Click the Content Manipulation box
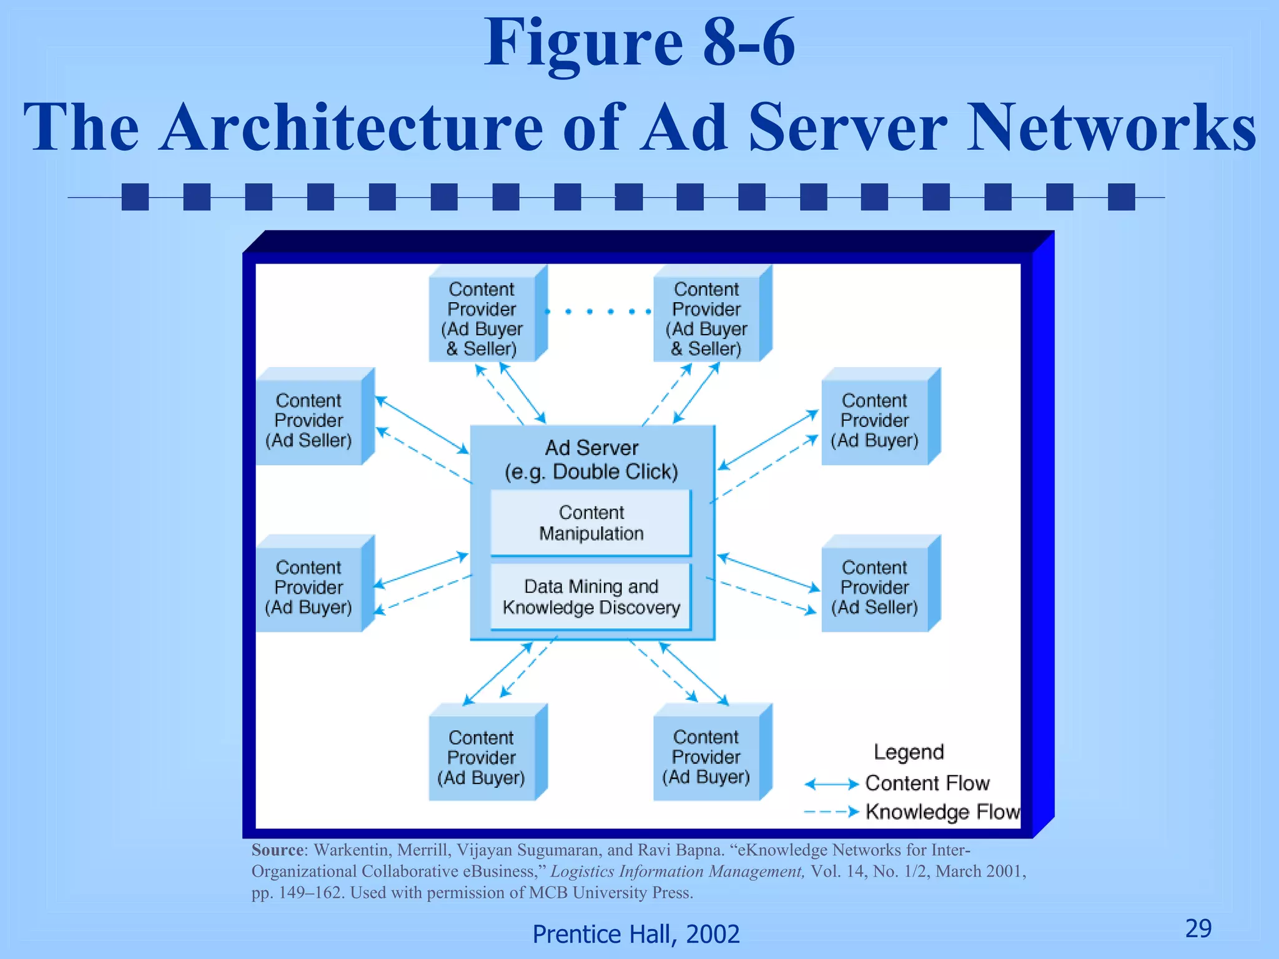pos(591,523)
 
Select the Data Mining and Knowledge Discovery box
pos(591,597)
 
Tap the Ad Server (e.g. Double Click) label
pos(591,460)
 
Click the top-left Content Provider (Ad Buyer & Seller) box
pos(482,319)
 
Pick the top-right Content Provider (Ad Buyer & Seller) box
pos(706,319)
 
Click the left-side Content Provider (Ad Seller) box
pos(309,420)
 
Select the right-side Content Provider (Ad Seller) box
pos(874,588)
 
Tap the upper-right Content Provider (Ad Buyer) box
pos(874,420)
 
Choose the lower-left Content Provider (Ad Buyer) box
pos(309,588)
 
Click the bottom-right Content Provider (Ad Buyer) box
pos(706,757)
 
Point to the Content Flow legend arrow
pos(831,784)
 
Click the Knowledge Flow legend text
pos(942,812)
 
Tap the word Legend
pos(909,752)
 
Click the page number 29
pos(1198,928)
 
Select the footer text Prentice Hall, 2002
pos(636,934)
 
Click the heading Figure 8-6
pos(639,44)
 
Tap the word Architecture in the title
pos(351,127)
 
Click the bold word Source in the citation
pos(277,850)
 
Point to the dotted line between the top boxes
pos(600,311)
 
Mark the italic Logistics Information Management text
pos(677,872)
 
